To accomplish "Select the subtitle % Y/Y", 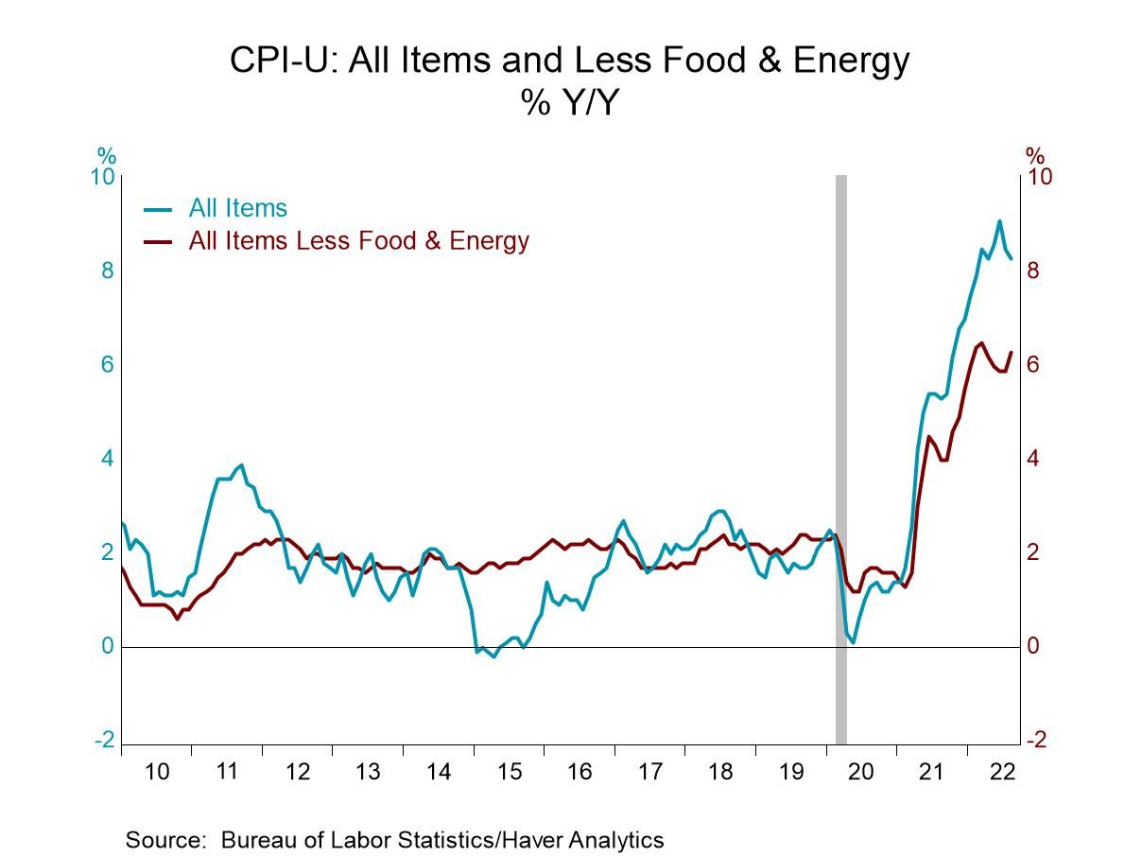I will pyautogui.click(x=569, y=102).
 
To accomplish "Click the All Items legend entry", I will pyautogui.click(x=237, y=207).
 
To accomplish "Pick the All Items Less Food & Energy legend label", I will pyautogui.click(x=358, y=240).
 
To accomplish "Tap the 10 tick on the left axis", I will pyautogui.click(x=102, y=178).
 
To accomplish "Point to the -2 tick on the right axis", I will pyautogui.click(x=1036, y=740).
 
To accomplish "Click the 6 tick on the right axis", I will pyautogui.click(x=1034, y=365).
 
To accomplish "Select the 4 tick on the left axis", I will pyautogui.click(x=107, y=459).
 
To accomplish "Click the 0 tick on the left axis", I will pyautogui.click(x=107, y=646).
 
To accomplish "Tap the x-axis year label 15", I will pyautogui.click(x=509, y=772).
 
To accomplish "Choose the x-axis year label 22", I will pyautogui.click(x=1002, y=772).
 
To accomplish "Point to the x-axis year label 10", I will pyautogui.click(x=157, y=772).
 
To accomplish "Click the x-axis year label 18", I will pyautogui.click(x=720, y=772).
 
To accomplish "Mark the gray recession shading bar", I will pyautogui.click(x=840, y=454).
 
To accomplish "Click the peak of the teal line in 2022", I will pyautogui.click(x=999, y=221).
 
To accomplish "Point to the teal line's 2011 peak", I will pyautogui.click(x=241, y=464).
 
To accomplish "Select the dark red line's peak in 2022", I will pyautogui.click(x=981, y=342).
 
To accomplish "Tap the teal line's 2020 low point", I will pyautogui.click(x=853, y=642).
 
